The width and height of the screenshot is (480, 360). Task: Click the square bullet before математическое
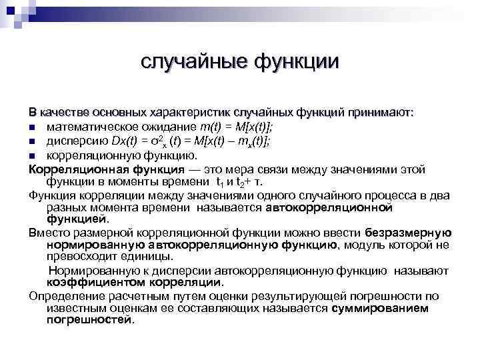pyautogui.click(x=32, y=127)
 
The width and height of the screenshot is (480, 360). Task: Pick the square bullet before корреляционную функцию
pyautogui.click(x=32, y=155)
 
